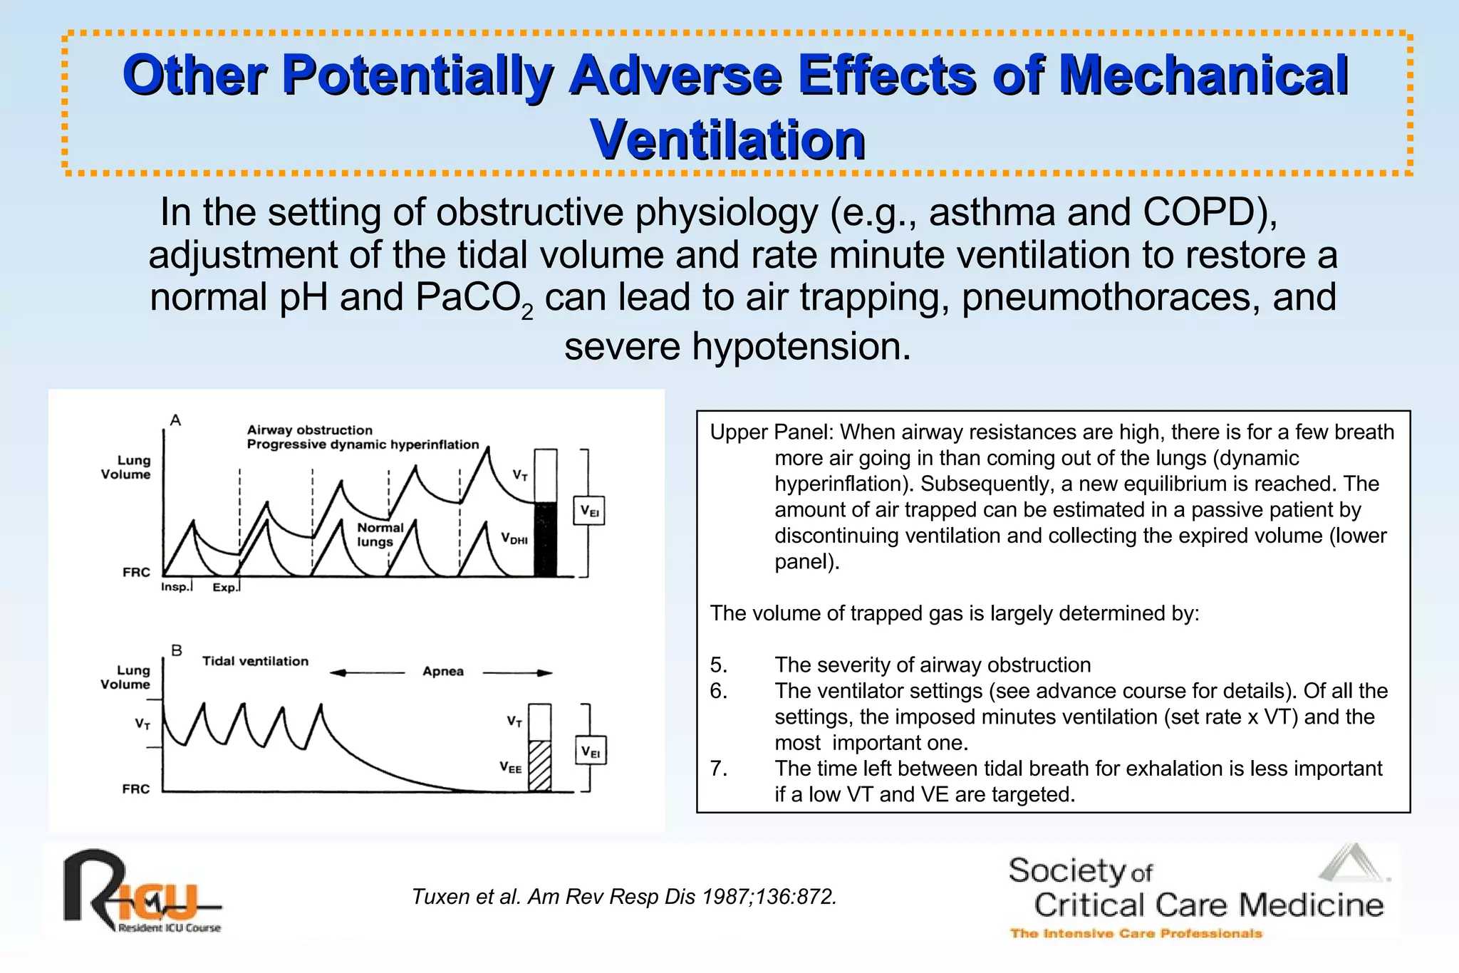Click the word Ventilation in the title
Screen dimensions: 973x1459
point(727,140)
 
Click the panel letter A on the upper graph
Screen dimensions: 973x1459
point(175,420)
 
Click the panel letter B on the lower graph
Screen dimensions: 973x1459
point(177,650)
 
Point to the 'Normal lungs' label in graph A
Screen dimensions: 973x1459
point(379,534)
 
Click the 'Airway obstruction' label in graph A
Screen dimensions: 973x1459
point(309,430)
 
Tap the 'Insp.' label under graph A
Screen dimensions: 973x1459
point(175,587)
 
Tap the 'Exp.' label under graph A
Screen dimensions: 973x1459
point(224,588)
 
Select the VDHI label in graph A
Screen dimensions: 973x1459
point(514,538)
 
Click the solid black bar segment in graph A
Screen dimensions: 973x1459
point(546,539)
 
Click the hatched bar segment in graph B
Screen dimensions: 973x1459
point(540,766)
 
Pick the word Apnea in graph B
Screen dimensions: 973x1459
point(443,672)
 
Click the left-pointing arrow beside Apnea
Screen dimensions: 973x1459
point(366,672)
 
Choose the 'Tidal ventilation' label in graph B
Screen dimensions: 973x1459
point(255,661)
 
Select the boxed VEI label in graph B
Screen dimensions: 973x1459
point(591,751)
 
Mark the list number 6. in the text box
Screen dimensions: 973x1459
point(719,691)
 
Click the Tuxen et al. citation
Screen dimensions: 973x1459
point(623,897)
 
